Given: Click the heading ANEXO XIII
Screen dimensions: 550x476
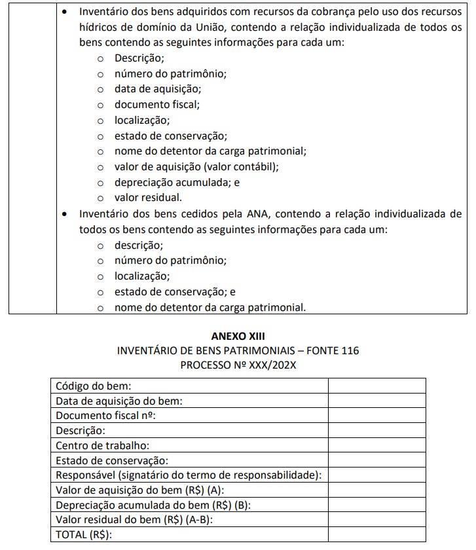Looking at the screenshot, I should [x=238, y=336].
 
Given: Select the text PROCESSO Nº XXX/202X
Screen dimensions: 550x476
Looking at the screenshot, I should [x=238, y=365].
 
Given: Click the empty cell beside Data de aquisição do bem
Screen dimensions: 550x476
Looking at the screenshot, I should [x=377, y=401].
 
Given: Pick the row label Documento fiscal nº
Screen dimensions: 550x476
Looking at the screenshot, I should [x=109, y=416].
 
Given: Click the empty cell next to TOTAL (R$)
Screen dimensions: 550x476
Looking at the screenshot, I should [x=377, y=535].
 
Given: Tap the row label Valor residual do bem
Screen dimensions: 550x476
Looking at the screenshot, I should [x=135, y=520].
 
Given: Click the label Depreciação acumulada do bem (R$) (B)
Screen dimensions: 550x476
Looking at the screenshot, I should [x=153, y=505].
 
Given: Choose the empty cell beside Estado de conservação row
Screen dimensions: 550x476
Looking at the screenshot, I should [x=377, y=460].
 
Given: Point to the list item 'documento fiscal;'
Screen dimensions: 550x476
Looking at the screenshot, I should [x=157, y=104].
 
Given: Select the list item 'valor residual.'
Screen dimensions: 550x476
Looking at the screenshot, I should [x=148, y=198].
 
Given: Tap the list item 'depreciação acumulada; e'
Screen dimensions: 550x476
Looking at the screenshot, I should [x=177, y=183].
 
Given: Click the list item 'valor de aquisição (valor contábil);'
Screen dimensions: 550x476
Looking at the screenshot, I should [x=196, y=167].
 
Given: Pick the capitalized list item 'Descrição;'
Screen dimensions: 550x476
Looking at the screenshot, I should [x=139, y=58].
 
